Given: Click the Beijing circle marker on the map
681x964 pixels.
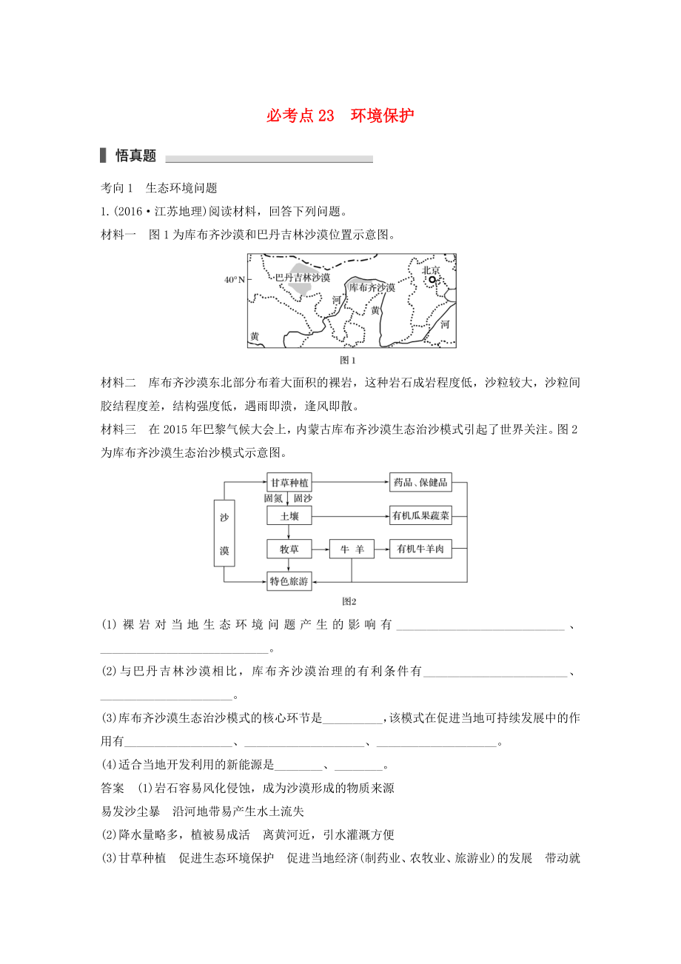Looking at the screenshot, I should [x=434, y=279].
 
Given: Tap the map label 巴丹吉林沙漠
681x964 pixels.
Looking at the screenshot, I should [x=303, y=278].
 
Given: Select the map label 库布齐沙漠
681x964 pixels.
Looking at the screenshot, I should [x=372, y=287].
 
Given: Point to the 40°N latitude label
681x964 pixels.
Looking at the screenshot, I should [x=234, y=280].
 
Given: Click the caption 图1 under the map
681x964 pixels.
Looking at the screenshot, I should [x=348, y=361].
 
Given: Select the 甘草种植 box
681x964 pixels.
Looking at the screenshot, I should [x=289, y=482].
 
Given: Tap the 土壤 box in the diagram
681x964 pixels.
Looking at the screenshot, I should [x=289, y=515].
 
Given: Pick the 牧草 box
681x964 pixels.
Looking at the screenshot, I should [x=289, y=549].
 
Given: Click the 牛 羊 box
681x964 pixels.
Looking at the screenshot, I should [x=352, y=549].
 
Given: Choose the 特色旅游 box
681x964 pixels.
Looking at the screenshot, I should [x=289, y=582].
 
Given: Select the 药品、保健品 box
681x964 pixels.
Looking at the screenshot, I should [x=420, y=482].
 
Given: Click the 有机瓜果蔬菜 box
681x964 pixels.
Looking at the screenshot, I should [x=420, y=515].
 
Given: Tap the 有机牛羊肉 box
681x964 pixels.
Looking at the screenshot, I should [x=420, y=549].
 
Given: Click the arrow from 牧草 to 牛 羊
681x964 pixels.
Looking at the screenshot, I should [x=320, y=549].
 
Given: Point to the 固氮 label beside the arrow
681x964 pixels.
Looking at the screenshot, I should [x=274, y=498].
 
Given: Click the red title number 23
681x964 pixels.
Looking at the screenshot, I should [x=326, y=116].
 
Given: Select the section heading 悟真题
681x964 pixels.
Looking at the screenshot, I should [x=135, y=155].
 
